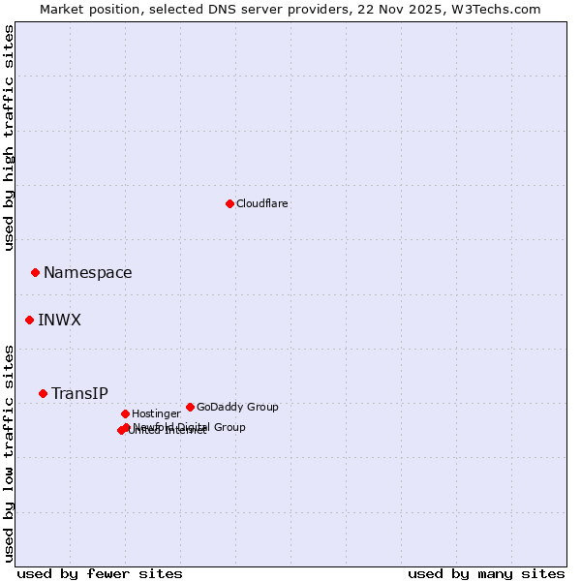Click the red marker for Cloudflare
pos(229,203)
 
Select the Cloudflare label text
pos(262,204)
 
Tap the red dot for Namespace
pos(35,272)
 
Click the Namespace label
pos(88,273)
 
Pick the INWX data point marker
pos(29,320)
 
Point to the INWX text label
pos(60,321)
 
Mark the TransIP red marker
pos(43,393)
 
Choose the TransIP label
pos(79,394)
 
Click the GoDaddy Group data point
pos(190,407)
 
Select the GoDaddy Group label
pos(237,408)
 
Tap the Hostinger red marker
pos(125,413)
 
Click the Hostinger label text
pos(156,414)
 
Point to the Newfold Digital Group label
pos(190,427)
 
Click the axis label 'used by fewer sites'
pos(100,574)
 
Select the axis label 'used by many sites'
pos(486,574)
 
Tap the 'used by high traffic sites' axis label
pos(10,138)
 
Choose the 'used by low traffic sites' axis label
pos(10,453)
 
